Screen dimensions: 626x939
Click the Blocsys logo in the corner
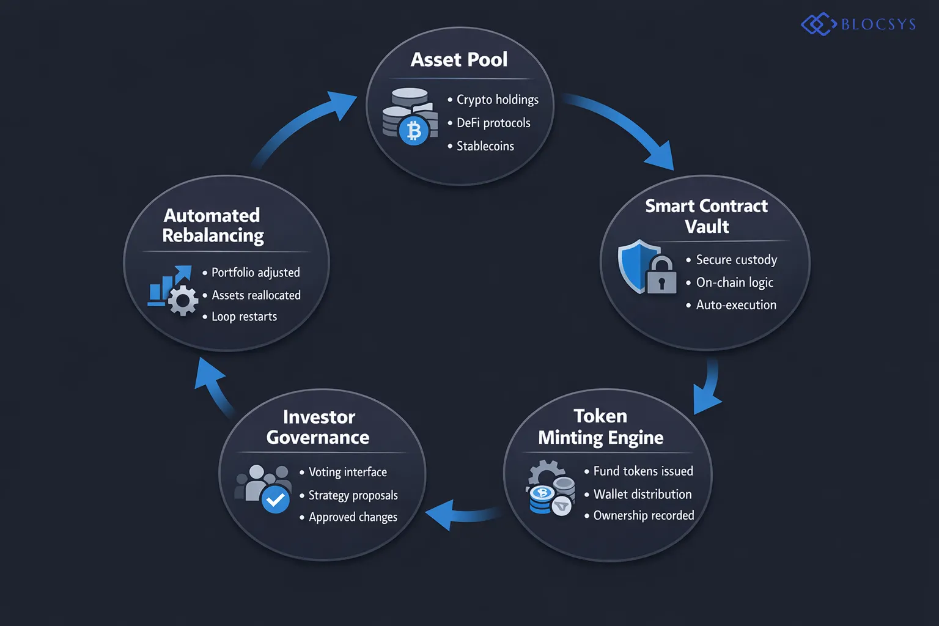858,24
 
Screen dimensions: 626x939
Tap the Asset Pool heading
458,59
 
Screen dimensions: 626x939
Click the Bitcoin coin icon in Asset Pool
414,130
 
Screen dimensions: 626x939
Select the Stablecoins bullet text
485,146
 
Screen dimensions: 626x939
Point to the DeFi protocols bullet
493,123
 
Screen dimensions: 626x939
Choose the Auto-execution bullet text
735,305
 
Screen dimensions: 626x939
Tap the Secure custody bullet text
736,260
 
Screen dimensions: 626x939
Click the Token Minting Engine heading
600,427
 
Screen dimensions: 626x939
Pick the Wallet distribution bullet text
642,494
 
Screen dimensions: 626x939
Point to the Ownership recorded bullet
643,515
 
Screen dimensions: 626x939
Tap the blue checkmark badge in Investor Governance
276,499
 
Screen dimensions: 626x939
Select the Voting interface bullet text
347,472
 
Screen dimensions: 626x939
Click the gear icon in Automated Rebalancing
183,301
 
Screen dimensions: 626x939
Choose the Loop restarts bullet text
244,317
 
